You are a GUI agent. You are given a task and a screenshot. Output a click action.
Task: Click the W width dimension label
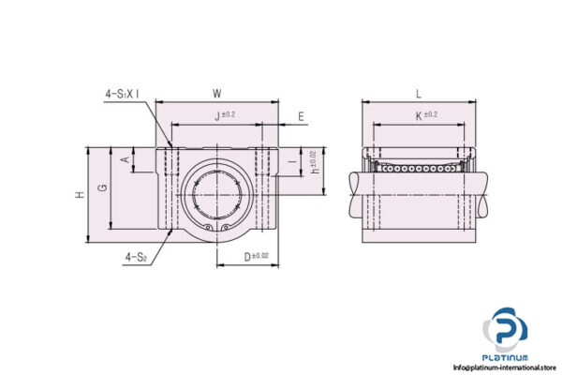pyautogui.click(x=217, y=93)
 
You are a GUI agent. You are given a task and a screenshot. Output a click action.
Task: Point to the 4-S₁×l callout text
pyautogui.click(x=122, y=94)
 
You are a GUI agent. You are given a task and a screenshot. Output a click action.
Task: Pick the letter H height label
pyautogui.click(x=80, y=193)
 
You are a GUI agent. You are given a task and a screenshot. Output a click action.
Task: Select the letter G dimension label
pyautogui.click(x=102, y=187)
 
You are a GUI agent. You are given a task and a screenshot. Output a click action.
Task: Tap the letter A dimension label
pyautogui.click(x=126, y=159)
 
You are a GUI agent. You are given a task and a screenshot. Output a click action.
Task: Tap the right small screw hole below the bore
pyautogui.click(x=226, y=228)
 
